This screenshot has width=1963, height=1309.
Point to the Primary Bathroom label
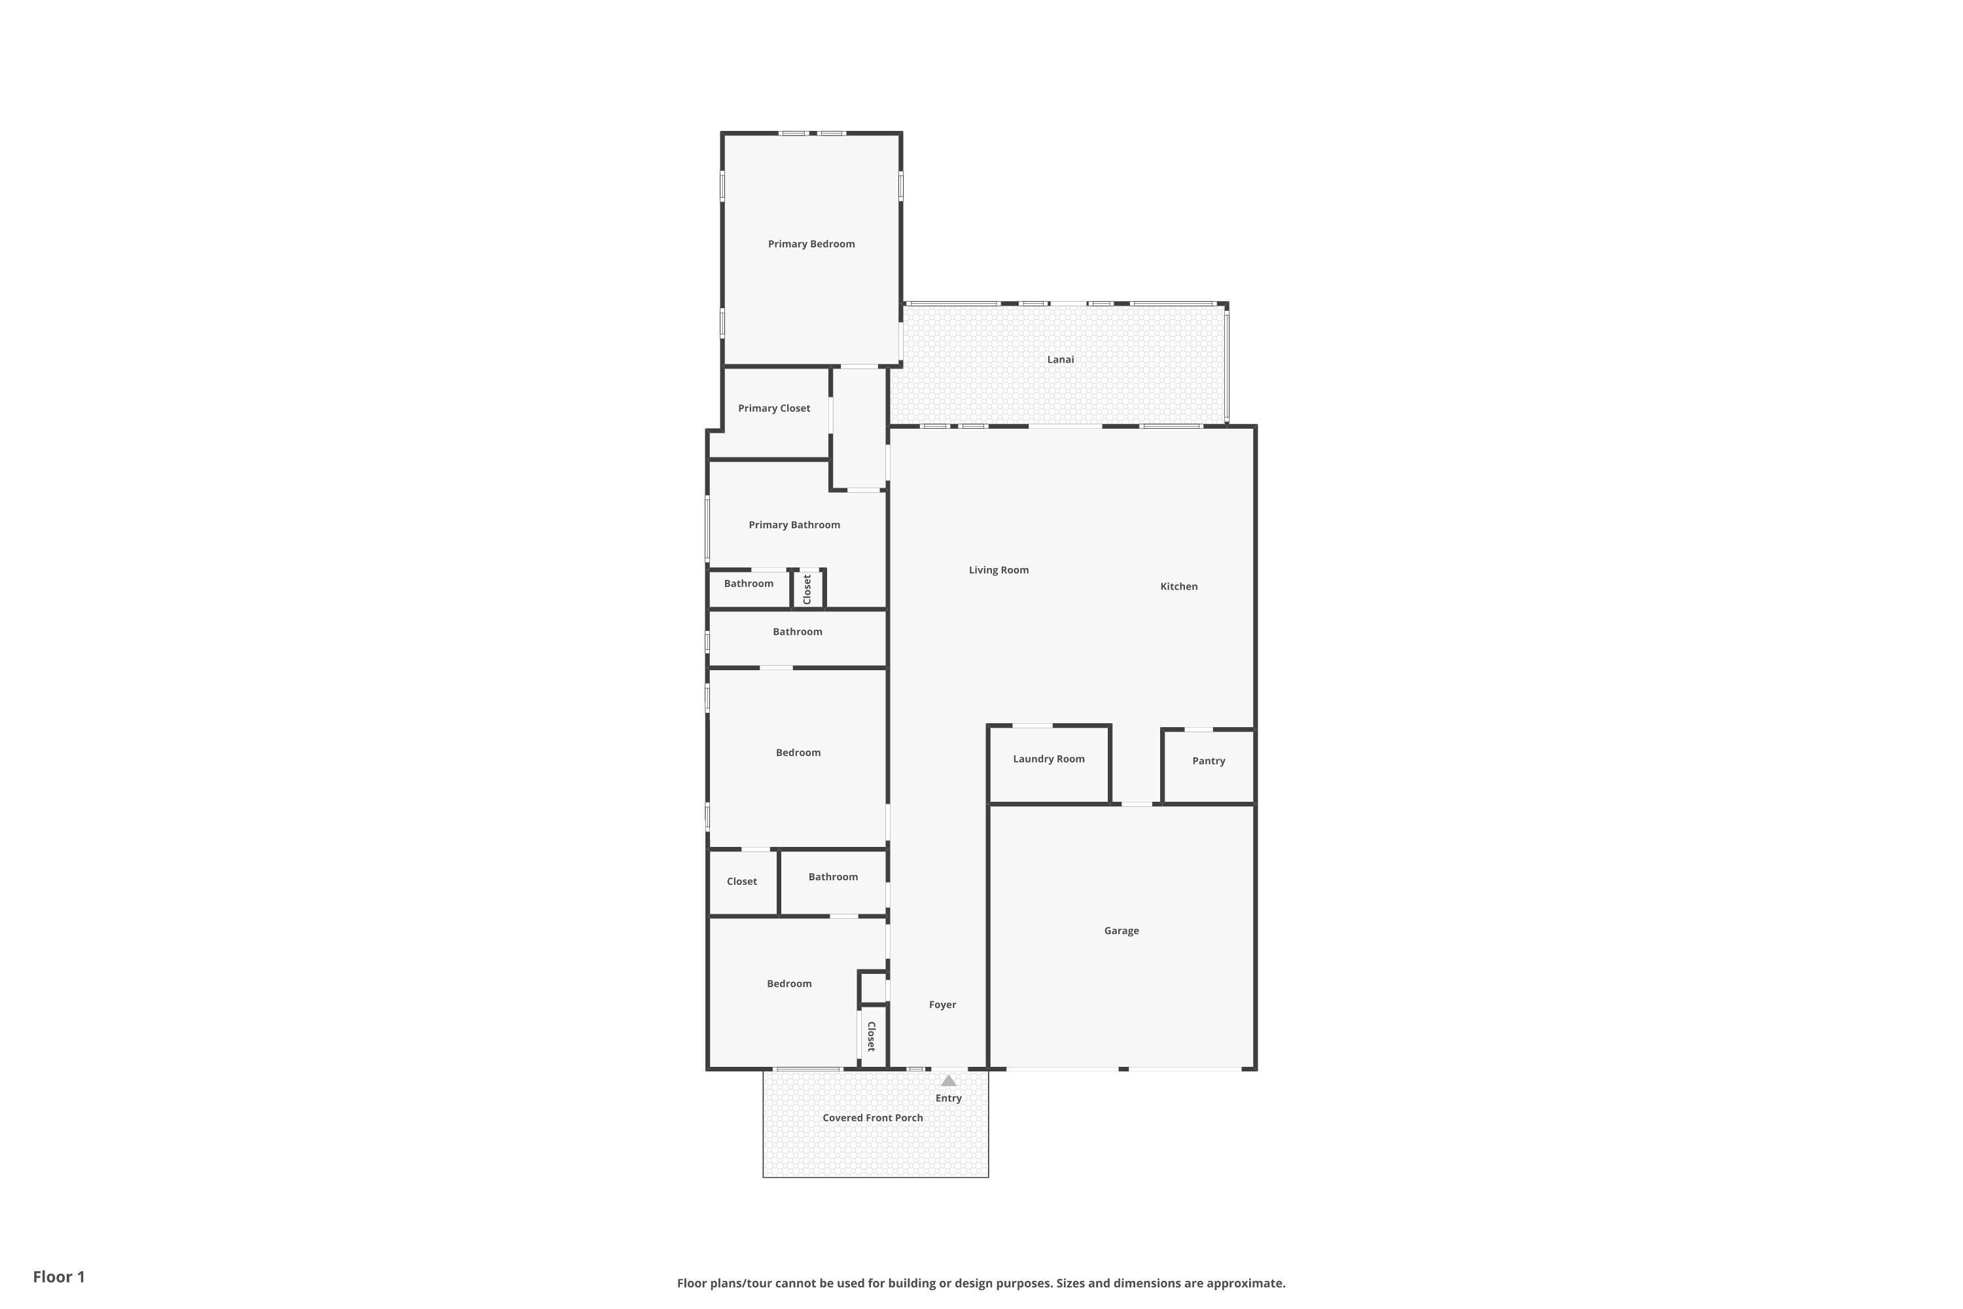(794, 524)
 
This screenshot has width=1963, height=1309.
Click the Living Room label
(999, 569)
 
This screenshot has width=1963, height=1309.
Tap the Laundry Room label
(1048, 758)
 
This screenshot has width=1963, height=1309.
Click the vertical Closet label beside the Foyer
(872, 1036)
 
